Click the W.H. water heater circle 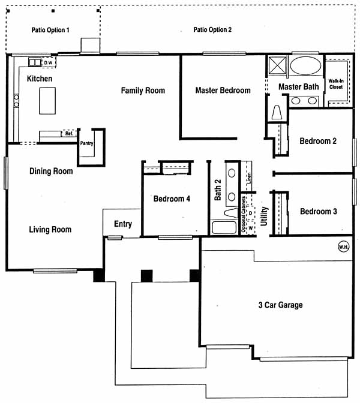344,246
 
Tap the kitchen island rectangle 47,101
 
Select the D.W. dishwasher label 49,63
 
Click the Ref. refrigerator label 69,133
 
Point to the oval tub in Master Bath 305,65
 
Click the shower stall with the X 277,66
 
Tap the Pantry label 86,143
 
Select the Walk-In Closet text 336,84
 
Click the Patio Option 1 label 50,30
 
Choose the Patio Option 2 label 212,30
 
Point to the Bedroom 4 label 172,199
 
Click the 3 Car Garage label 281,305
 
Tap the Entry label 123,224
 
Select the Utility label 265,216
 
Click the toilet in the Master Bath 277,113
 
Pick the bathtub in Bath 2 224,227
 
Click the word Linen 249,178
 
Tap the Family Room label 143,91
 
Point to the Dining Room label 51,171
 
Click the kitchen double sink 35,62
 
